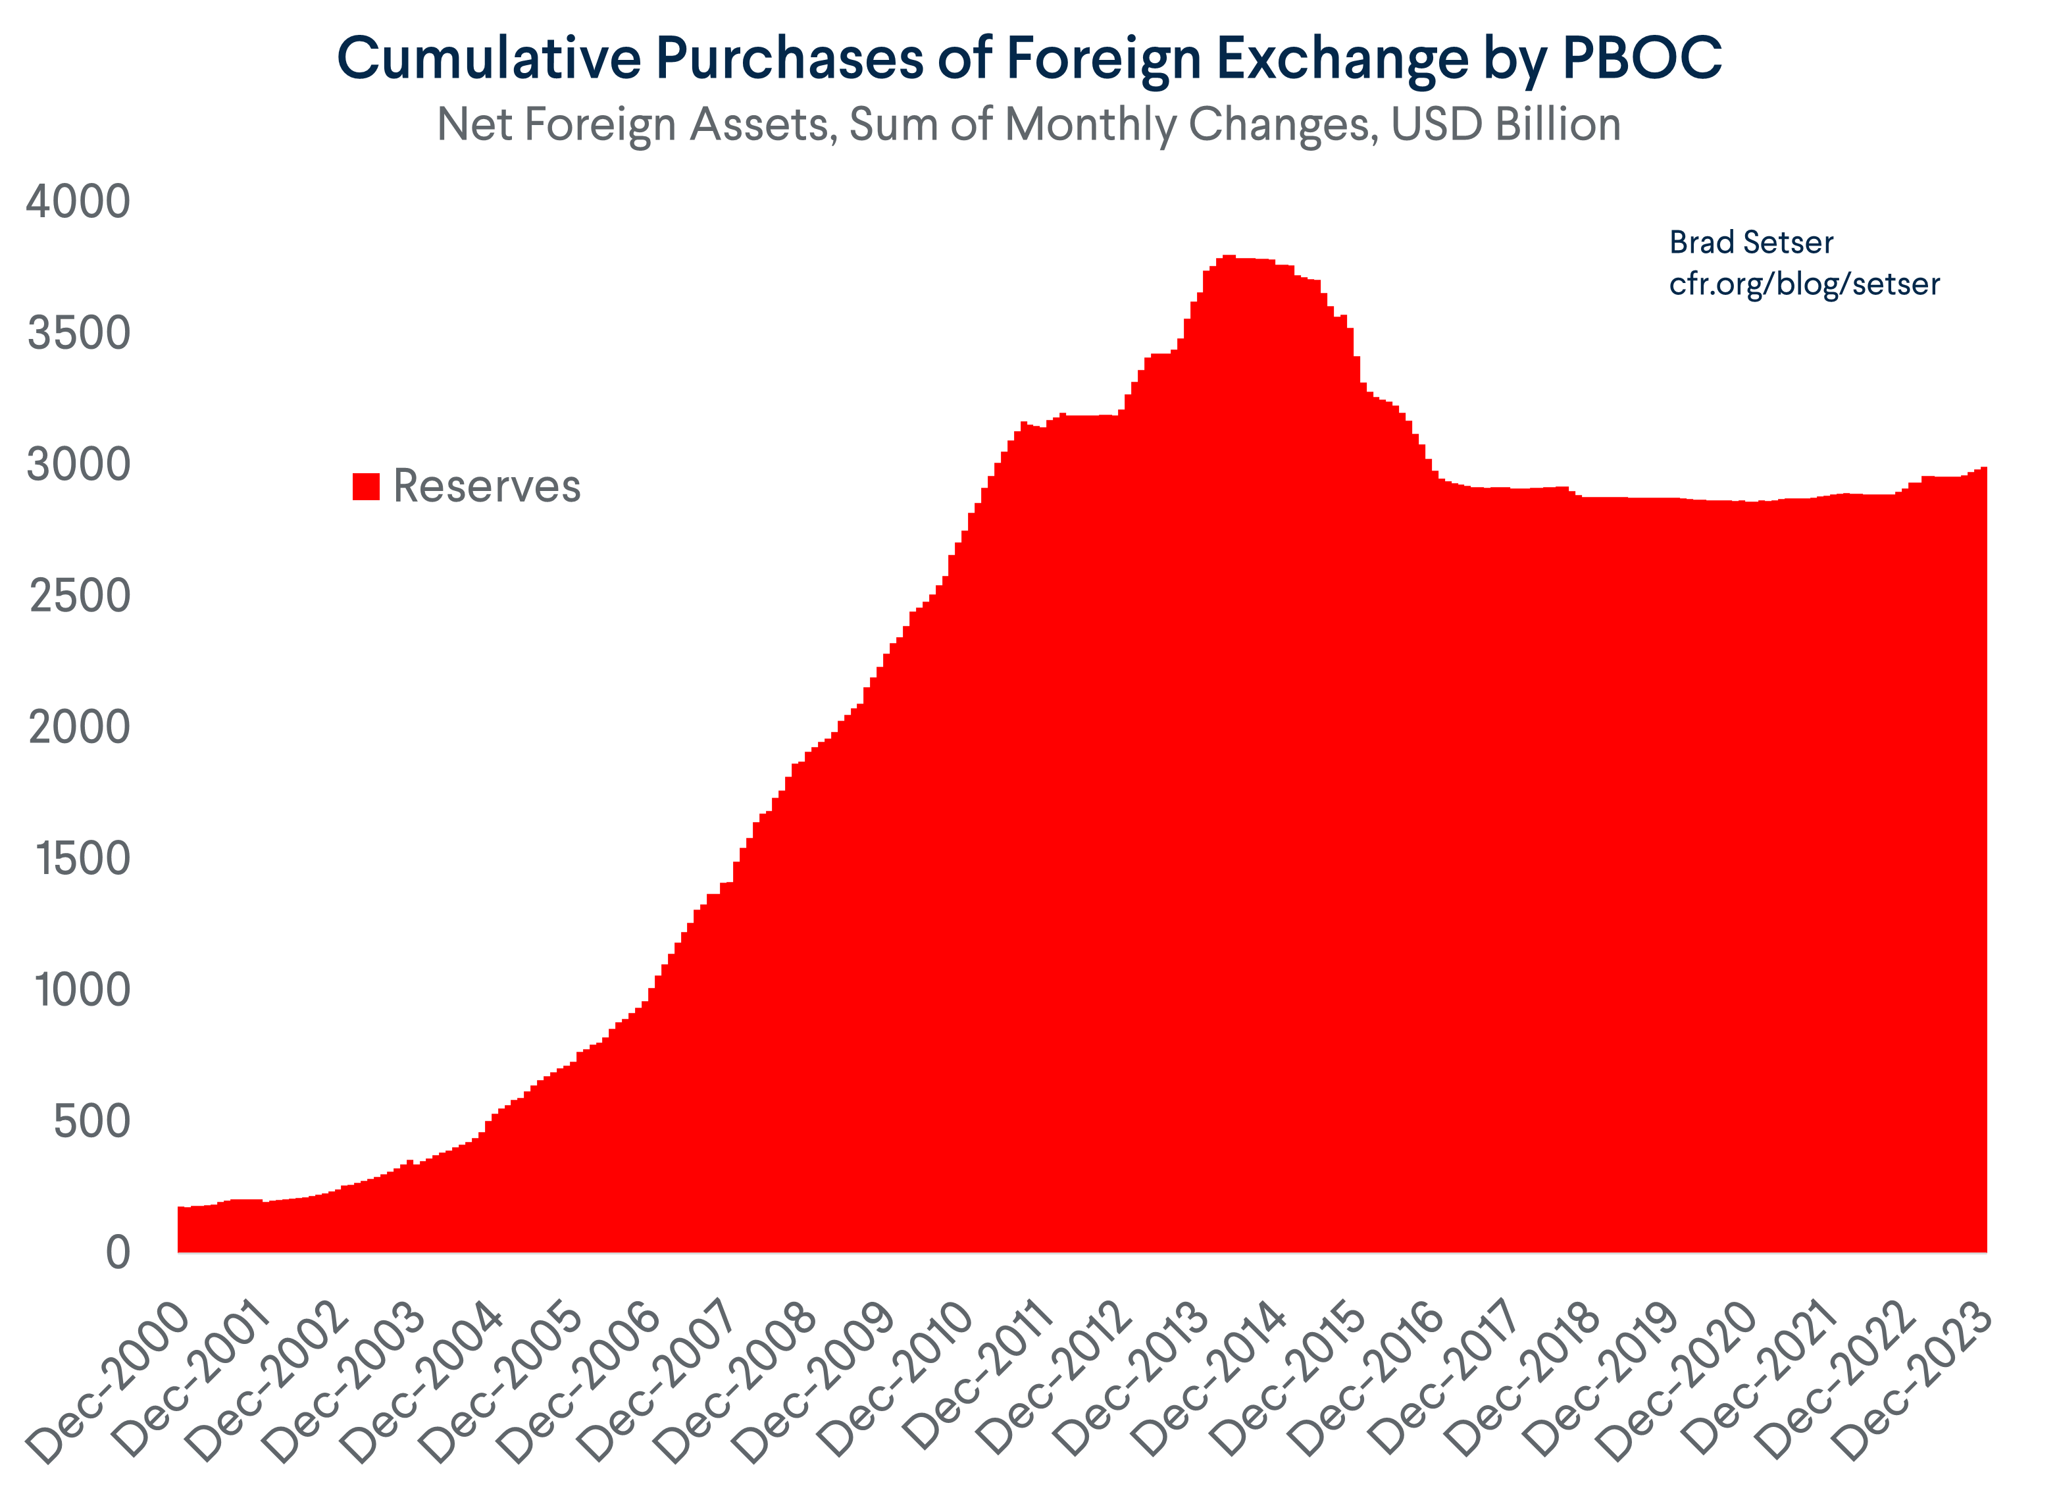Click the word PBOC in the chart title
point(1641,58)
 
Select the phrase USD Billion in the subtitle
point(1506,124)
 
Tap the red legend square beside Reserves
point(366,486)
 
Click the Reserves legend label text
point(486,486)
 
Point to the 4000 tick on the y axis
point(79,201)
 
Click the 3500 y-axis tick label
point(79,333)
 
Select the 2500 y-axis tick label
point(79,596)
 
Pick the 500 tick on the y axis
point(91,1122)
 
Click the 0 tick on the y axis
point(118,1254)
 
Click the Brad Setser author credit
point(1750,242)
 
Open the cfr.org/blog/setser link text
point(1804,284)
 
